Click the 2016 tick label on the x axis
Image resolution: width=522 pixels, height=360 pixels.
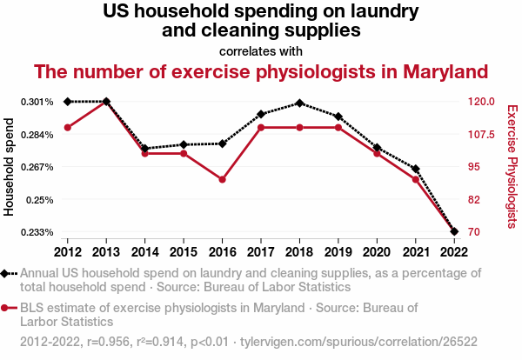coord(222,251)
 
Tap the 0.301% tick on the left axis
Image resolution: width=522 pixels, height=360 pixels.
coord(37,102)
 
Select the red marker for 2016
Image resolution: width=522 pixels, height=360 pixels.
coord(222,179)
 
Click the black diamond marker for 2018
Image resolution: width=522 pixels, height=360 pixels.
coord(299,103)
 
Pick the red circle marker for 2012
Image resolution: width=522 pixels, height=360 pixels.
coord(68,128)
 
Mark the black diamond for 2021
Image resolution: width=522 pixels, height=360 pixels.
coord(415,169)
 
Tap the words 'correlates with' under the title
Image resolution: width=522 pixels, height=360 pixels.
coord(261,50)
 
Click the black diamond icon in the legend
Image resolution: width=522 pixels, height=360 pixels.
coord(5,273)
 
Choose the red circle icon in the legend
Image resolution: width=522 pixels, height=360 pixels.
coord(5,308)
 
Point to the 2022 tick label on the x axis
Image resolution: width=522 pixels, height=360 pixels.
coord(453,251)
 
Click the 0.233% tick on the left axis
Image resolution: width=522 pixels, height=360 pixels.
coord(37,232)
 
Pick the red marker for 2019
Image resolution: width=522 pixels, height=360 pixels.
coord(338,128)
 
